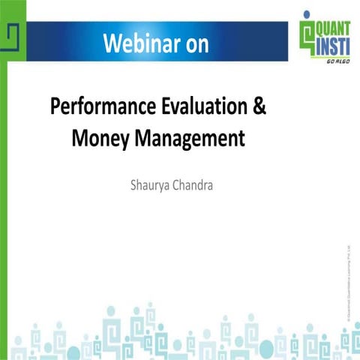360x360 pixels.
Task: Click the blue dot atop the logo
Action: [x=306, y=13]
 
